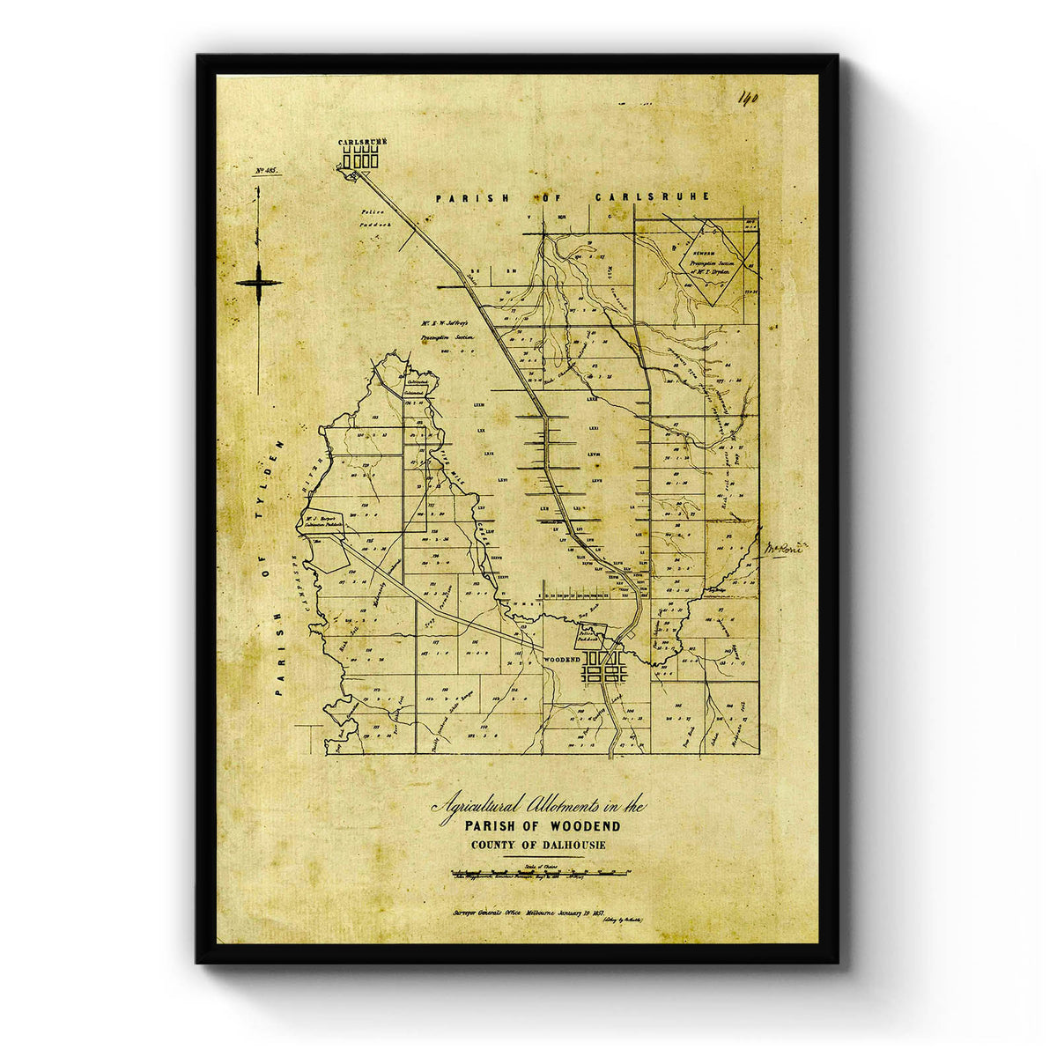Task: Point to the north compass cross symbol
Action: (259, 283)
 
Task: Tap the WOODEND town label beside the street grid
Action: (561, 659)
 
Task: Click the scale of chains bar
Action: (538, 873)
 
